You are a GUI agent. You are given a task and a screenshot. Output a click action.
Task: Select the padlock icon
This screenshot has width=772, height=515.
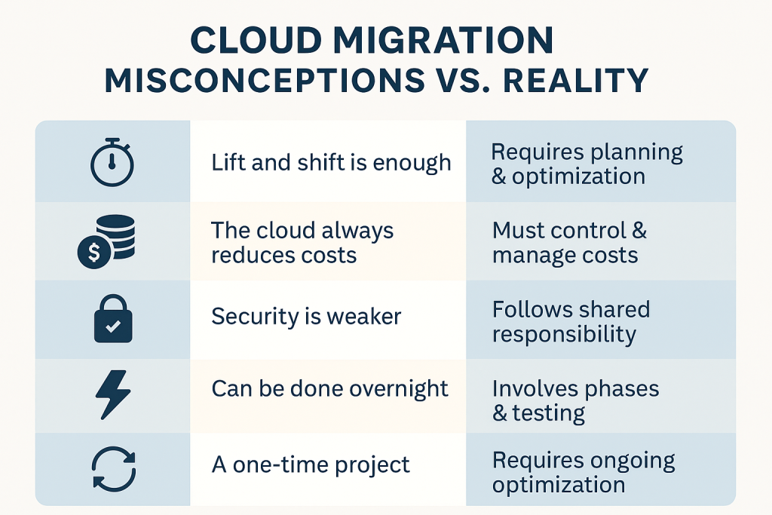tap(112, 318)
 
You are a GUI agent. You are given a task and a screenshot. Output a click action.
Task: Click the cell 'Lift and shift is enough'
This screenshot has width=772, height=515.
tap(331, 162)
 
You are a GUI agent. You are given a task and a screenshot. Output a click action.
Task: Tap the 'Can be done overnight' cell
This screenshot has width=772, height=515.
tap(330, 389)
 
